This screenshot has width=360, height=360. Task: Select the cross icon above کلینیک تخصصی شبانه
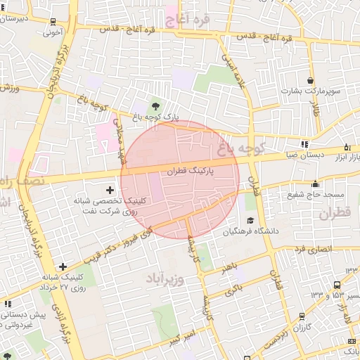click(x=109, y=190)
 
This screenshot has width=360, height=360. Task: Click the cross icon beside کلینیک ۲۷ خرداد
click(x=63, y=266)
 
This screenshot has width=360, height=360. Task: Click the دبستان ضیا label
click(x=304, y=156)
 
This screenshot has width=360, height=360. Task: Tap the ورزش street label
click(x=8, y=88)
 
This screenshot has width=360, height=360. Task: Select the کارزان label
click(x=304, y=328)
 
